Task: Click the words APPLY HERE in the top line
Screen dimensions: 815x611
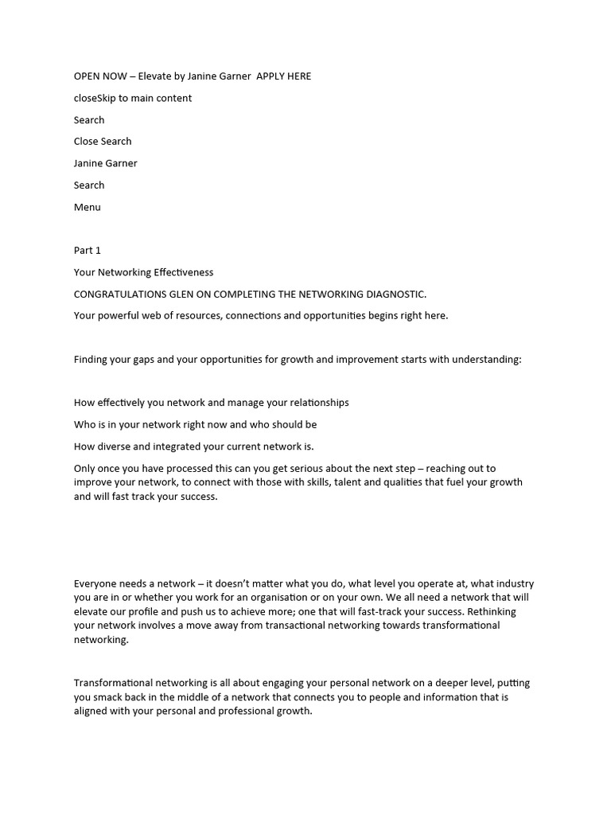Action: tap(284, 76)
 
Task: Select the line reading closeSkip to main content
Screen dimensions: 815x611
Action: tap(133, 98)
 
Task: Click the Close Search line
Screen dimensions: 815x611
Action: tap(103, 141)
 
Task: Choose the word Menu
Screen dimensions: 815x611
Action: tap(88, 207)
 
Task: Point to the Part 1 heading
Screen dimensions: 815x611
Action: tap(88, 250)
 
